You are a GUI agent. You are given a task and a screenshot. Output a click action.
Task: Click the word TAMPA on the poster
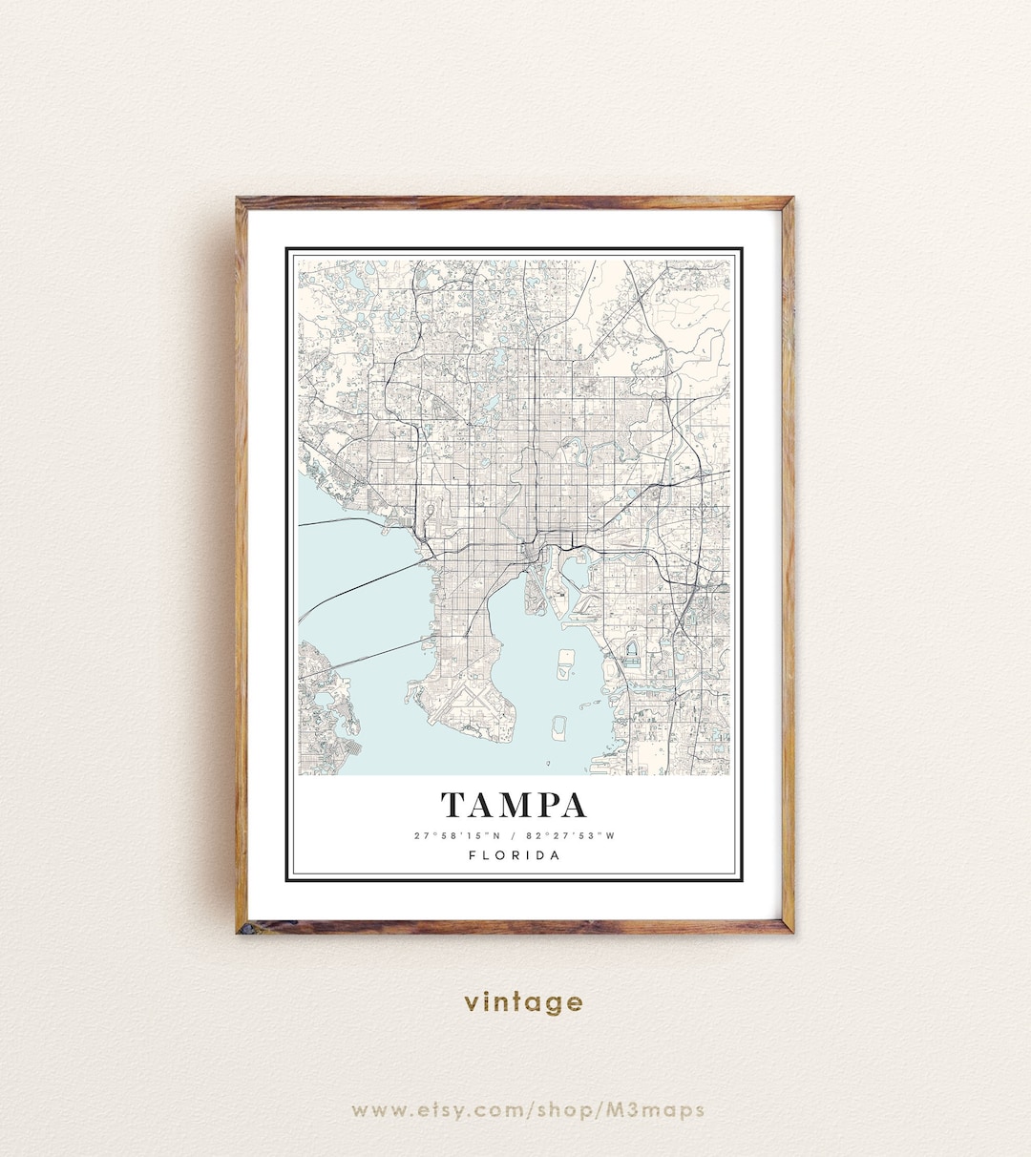514,805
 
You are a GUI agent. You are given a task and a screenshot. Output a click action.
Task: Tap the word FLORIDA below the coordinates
515,855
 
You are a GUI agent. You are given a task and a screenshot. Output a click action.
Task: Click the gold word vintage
523,1002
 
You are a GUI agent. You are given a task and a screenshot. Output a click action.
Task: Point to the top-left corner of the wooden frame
239,200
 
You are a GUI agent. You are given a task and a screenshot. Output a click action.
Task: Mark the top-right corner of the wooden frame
790,200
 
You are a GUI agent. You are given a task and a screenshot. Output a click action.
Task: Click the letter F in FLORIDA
473,855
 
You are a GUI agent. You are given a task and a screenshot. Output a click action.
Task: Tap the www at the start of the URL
375,1110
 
